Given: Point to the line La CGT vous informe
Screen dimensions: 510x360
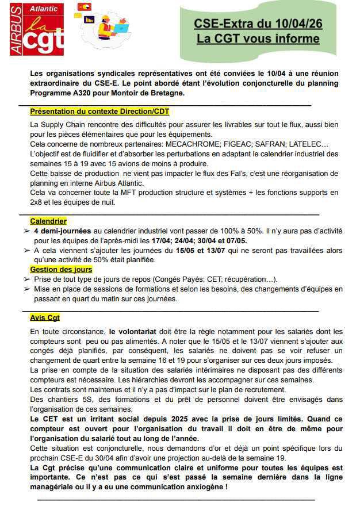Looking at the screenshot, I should [258, 39].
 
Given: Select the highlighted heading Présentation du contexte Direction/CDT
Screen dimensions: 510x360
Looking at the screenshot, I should [99, 111].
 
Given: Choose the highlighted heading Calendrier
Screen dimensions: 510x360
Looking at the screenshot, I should [48, 221].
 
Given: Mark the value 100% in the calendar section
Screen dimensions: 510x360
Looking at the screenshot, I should [219, 231].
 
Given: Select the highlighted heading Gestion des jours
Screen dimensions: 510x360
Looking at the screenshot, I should [61, 270].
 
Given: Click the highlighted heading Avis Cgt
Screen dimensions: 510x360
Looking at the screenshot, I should [45, 317].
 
